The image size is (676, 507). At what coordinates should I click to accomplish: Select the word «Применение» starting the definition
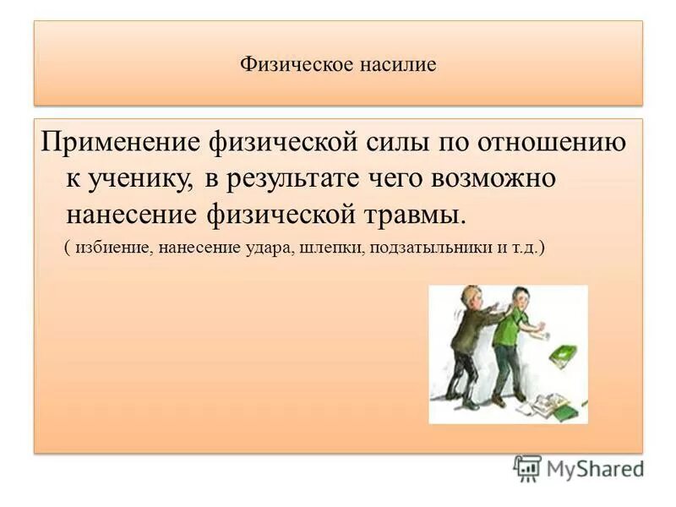116,143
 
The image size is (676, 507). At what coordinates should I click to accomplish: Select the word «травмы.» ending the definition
412,215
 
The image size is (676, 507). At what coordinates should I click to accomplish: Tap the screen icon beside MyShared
527,468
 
